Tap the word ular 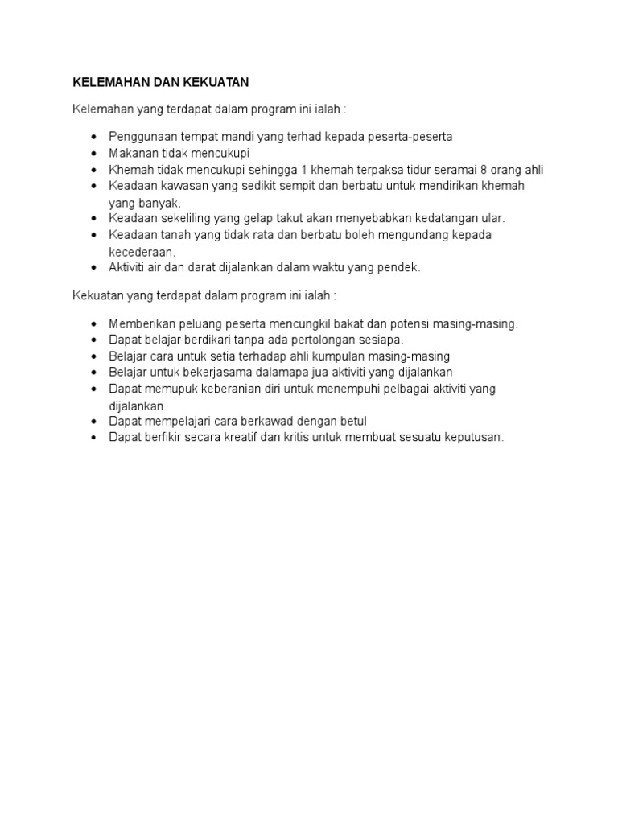coord(491,218)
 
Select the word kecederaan coord(142,251)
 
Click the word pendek coord(402,267)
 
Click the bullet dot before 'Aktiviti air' coord(94,267)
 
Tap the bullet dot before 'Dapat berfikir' coord(94,437)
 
